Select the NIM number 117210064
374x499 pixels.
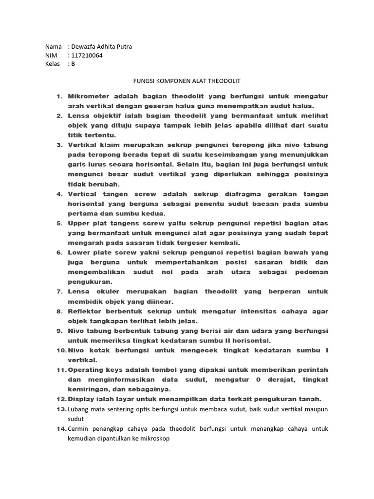pos(87,56)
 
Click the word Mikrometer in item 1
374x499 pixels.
pos(90,96)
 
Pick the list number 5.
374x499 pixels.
pos(60,223)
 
